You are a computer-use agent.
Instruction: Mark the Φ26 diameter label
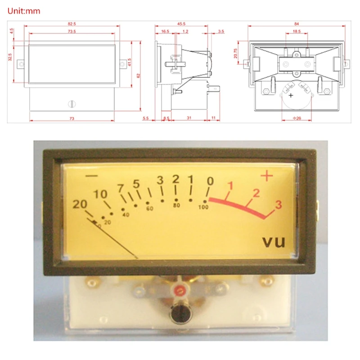pos(296,119)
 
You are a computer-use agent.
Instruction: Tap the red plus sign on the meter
pos(267,176)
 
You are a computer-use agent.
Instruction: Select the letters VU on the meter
pos(274,242)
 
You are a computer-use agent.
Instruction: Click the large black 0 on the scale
pos(210,181)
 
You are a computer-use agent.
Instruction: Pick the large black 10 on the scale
pos(101,194)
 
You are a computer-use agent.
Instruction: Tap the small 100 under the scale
pos(203,207)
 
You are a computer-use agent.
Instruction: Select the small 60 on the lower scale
pos(150,209)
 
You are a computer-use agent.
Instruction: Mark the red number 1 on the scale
pos(231,185)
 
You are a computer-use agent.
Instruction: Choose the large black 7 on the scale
pos(121,188)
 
